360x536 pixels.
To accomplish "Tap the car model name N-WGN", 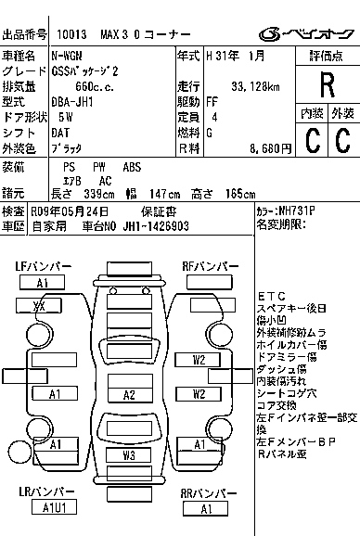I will [66, 56].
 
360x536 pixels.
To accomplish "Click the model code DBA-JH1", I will [71, 101].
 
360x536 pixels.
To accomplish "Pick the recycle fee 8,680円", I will [259, 147].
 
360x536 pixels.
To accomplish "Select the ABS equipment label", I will [133, 167].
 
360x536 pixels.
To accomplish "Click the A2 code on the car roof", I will [130, 394].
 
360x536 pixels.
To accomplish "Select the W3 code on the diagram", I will [130, 456].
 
